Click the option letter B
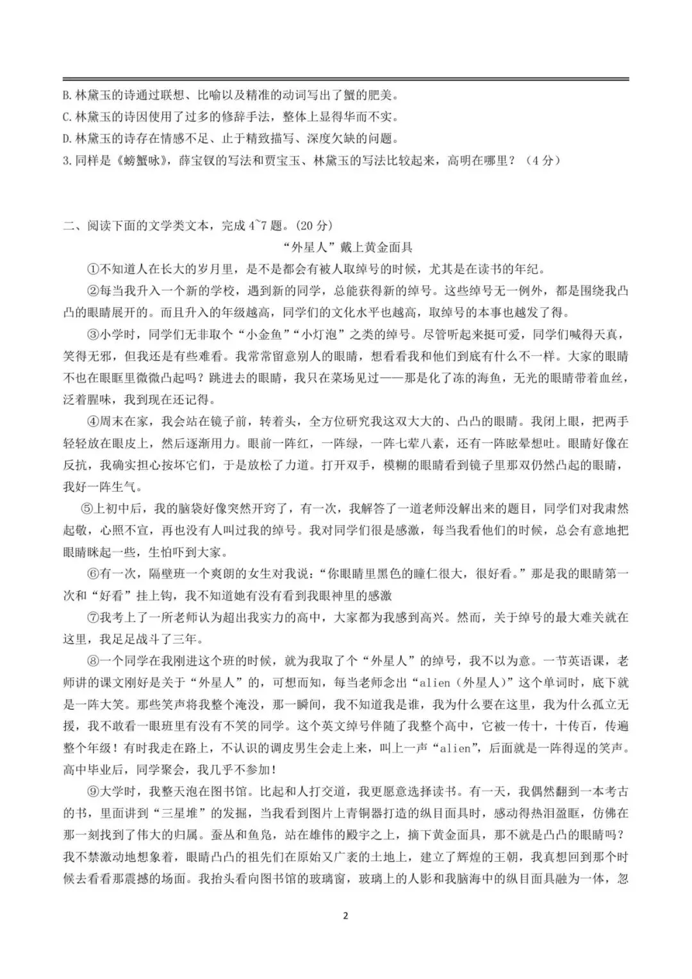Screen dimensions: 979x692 tap(67, 96)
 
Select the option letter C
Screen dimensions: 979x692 tap(67, 117)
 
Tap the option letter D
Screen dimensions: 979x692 tap(67, 138)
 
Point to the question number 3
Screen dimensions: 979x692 tap(66, 161)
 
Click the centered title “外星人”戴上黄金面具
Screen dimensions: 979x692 tap(347, 247)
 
